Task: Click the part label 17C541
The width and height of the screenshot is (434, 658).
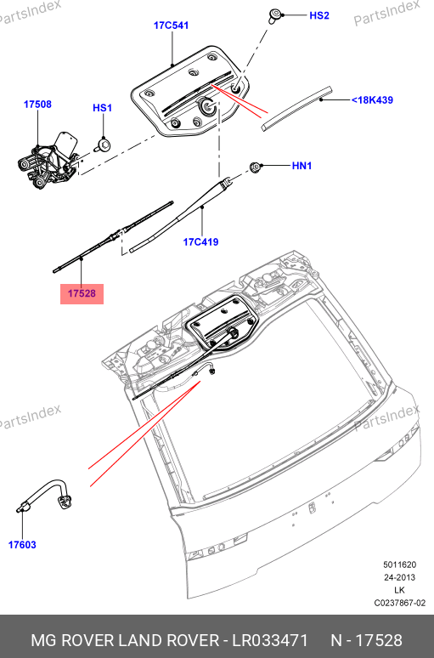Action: pos(171,26)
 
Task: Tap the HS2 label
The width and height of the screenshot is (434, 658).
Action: pos(319,15)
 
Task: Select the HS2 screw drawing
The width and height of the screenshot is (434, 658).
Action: pos(275,16)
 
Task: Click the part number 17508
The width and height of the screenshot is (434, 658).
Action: pos(37,104)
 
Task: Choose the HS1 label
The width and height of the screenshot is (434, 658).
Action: pos(102,108)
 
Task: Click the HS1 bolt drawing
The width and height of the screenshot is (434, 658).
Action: pos(103,145)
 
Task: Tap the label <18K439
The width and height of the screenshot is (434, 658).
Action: pos(372,99)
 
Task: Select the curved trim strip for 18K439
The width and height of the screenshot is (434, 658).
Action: pos(296,109)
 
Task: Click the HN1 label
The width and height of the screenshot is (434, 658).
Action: pos(302,166)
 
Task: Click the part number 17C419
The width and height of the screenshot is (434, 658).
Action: pos(200,241)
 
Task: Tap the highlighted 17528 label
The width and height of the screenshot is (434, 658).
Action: pos(82,293)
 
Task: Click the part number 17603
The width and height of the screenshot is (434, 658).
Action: pos(22,545)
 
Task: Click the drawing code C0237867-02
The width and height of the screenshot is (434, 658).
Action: pos(400,603)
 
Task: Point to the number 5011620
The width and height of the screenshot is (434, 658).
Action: pos(400,564)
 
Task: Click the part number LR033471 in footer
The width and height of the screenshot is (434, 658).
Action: pos(270,640)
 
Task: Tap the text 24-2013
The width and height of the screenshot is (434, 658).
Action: pos(400,577)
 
